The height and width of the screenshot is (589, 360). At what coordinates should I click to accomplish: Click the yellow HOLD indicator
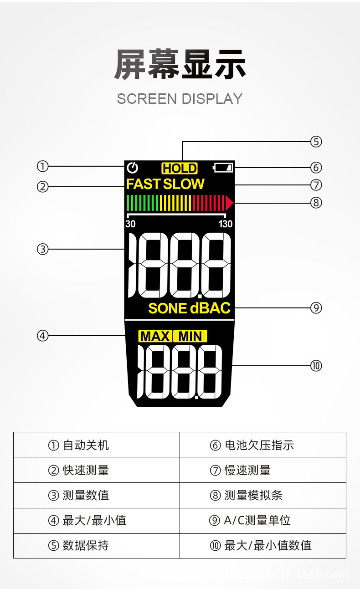(x=180, y=169)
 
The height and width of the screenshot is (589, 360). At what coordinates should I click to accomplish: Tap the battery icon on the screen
(x=223, y=168)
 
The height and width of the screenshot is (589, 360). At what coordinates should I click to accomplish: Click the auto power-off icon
(x=133, y=168)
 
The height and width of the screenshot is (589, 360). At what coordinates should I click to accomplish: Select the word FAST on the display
(x=144, y=184)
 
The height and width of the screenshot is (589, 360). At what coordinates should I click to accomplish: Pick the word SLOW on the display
(x=184, y=184)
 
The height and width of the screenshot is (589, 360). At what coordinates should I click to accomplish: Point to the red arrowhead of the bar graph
(x=229, y=202)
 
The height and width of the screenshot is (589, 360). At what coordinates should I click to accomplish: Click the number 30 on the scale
(x=130, y=224)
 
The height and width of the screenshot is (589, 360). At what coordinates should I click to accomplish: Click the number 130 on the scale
(x=225, y=224)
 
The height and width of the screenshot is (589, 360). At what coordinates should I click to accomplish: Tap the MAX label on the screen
(x=155, y=337)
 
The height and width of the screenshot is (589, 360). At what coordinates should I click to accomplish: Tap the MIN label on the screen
(x=190, y=337)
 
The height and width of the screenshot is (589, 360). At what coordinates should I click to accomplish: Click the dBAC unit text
(x=210, y=308)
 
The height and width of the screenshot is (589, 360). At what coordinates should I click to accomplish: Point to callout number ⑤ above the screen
(x=316, y=142)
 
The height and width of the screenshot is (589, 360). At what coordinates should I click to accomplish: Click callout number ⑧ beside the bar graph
(x=316, y=203)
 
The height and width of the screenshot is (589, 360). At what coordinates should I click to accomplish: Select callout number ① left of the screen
(x=42, y=167)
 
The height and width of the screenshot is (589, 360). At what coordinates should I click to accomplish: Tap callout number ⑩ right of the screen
(x=316, y=366)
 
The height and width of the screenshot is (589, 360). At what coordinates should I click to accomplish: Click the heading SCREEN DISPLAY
(x=180, y=99)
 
